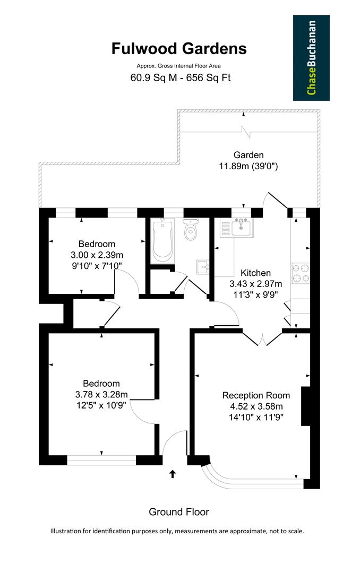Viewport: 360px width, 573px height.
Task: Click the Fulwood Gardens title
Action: point(179,49)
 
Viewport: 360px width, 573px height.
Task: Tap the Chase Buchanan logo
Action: point(311,58)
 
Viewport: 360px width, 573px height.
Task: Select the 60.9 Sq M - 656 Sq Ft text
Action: point(180,78)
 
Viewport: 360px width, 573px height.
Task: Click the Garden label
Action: point(248,155)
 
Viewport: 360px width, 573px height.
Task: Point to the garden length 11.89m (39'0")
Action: point(248,166)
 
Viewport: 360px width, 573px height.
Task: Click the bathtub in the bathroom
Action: point(161,241)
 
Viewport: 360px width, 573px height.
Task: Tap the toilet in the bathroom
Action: point(191,229)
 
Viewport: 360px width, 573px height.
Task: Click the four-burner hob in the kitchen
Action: point(300,273)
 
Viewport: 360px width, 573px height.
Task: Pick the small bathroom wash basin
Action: point(202,266)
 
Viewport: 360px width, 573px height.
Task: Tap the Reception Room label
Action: point(256,395)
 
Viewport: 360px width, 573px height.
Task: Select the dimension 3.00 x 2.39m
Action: point(97,255)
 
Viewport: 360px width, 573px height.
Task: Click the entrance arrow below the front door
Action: point(172,473)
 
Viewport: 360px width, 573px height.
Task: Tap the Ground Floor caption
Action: point(179,512)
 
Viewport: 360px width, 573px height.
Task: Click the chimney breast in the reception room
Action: point(305,406)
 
